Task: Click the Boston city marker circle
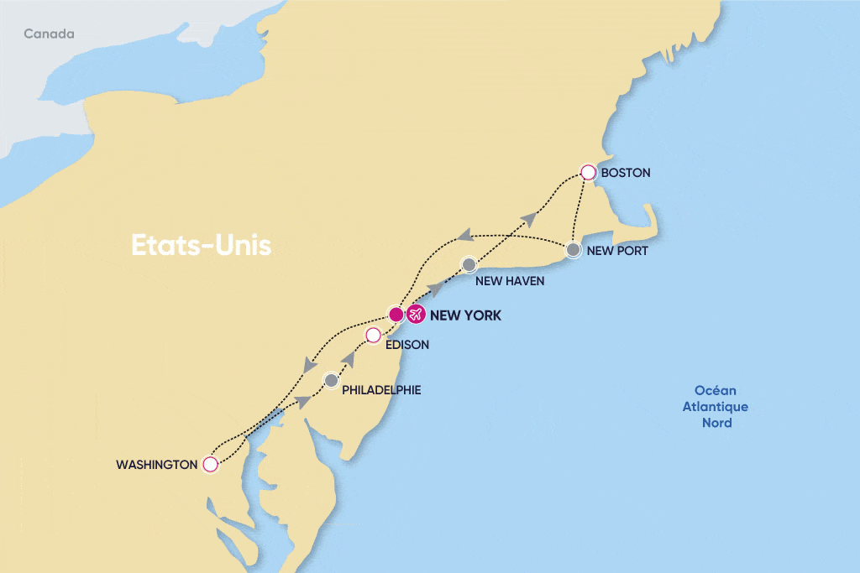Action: point(589,172)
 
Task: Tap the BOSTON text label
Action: point(626,173)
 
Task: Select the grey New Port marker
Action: point(573,250)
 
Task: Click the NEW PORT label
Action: point(617,251)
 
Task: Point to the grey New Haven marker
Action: point(469,265)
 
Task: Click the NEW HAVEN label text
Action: point(510,281)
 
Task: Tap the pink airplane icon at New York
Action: point(415,315)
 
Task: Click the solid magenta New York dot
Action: point(396,315)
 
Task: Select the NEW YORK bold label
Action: point(465,315)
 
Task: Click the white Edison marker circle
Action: point(374,336)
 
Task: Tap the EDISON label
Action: point(407,344)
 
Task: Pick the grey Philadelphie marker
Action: point(332,380)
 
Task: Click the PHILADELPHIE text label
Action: point(381,390)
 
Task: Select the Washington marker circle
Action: point(211,463)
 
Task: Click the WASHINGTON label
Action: point(156,464)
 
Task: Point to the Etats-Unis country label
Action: point(202,246)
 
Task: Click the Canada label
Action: point(49,34)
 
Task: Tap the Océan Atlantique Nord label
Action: point(716,407)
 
